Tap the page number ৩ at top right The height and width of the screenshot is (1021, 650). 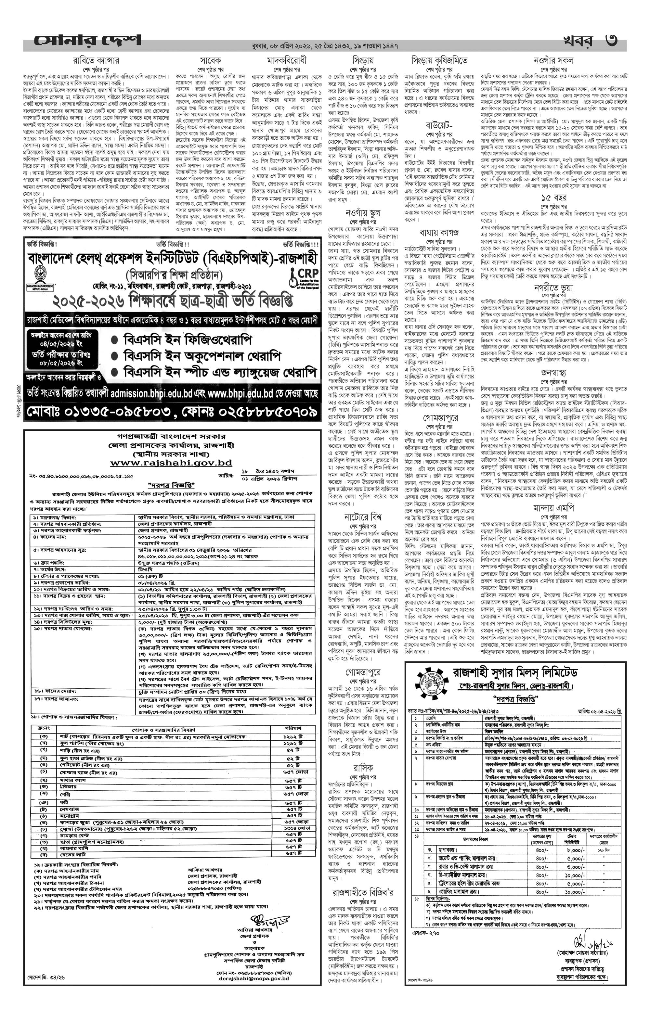pyautogui.click(x=611, y=41)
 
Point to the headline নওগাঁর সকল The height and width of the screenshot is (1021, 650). pyautogui.click(x=554, y=60)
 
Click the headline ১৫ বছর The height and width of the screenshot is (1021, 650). pyautogui.click(x=554, y=198)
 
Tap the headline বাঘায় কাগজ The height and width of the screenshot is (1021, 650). pyautogui.click(x=439, y=233)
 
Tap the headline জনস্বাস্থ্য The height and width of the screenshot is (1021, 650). pyautogui.click(x=554, y=373)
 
